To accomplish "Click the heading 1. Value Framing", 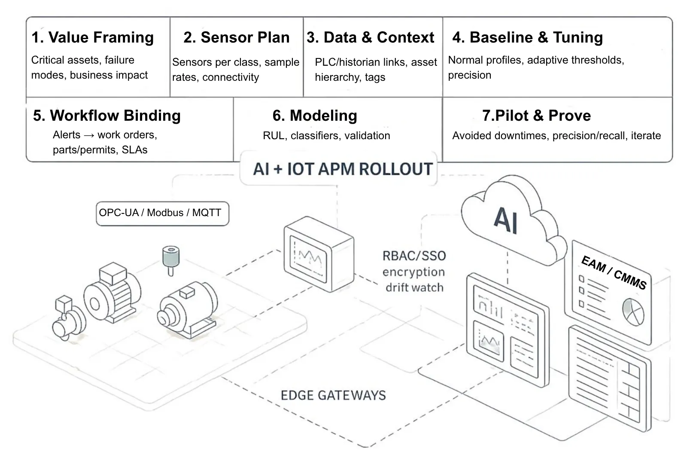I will tap(92, 37).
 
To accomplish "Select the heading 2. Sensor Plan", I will tap(236, 37).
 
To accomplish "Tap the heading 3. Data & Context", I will tap(370, 37).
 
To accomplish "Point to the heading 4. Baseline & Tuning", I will tap(527, 37).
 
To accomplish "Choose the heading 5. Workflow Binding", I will tap(106, 116).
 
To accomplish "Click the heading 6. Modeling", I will tap(315, 116).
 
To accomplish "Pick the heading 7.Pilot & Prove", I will tap(536, 116).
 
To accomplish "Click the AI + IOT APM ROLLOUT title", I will tap(342, 169).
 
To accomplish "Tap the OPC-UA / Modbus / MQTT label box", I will tap(162, 213).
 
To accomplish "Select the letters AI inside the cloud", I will tap(505, 220).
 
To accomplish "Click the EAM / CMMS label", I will tap(613, 272).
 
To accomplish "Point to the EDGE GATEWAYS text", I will tap(333, 395).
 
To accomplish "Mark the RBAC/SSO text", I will tap(414, 256).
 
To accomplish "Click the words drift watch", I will tap(414, 287).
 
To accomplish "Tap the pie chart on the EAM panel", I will tap(633, 311).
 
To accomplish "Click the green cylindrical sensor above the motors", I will tap(170, 259).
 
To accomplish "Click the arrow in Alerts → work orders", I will tap(89, 135).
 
